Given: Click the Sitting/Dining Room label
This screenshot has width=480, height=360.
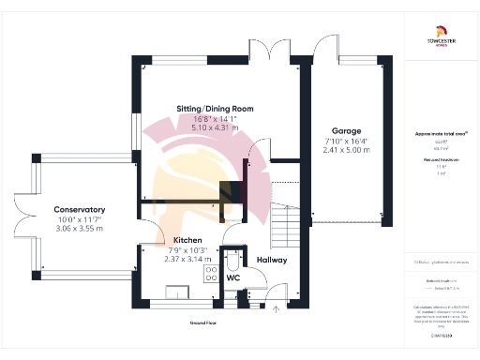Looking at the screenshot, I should pyautogui.click(x=215, y=109).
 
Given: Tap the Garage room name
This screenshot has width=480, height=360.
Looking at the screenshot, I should pyautogui.click(x=346, y=130).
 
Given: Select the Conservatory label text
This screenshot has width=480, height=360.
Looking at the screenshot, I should pyautogui.click(x=79, y=209).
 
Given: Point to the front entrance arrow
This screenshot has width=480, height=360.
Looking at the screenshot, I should pyautogui.click(x=276, y=308).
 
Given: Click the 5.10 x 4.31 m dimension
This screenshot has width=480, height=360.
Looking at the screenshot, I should pyautogui.click(x=215, y=127).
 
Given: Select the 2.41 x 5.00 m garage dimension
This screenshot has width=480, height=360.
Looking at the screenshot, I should pyautogui.click(x=346, y=149).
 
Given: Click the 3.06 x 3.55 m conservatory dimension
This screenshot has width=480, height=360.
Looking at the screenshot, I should pyautogui.click(x=79, y=228).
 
